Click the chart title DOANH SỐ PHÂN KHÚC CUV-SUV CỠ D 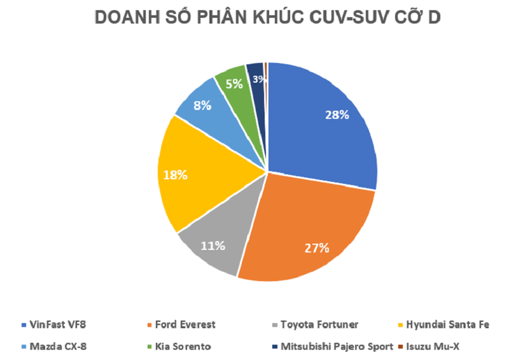point(267,18)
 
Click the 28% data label point(337,115)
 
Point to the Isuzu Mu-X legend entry point(433,347)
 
